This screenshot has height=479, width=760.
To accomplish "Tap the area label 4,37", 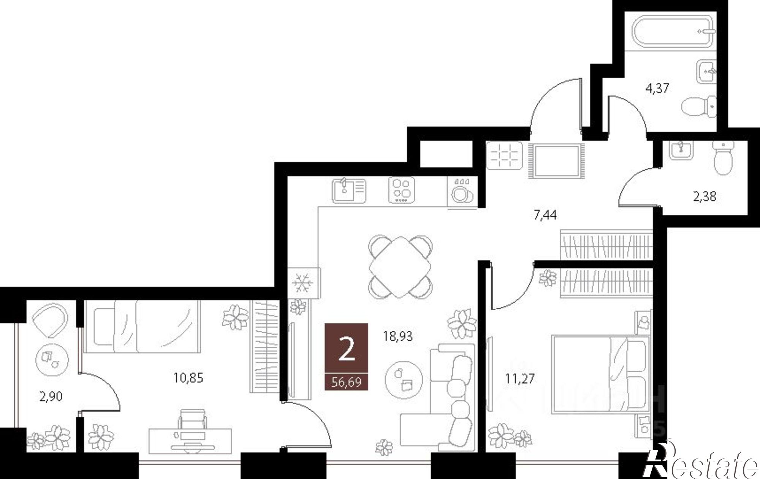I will [x=657, y=89].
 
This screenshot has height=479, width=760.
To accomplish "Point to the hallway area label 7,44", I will [x=545, y=216].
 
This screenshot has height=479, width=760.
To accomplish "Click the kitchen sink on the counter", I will [x=348, y=191].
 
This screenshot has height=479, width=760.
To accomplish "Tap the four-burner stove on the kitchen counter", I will [x=401, y=190].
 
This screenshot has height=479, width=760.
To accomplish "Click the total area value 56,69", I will [x=346, y=382].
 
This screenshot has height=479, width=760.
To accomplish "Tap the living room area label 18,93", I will [x=397, y=336].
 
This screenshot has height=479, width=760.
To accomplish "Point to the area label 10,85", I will [x=188, y=378].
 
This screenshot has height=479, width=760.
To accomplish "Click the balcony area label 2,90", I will [x=51, y=397].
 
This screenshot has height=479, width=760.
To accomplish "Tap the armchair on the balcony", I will [x=50, y=320].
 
